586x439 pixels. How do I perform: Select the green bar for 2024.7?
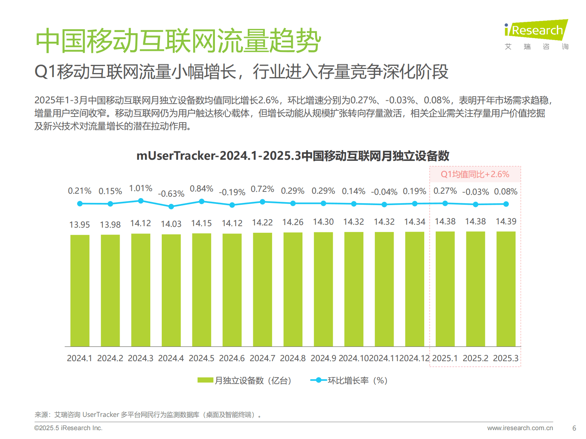click(263, 289)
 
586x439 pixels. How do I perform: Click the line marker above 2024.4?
click(171, 207)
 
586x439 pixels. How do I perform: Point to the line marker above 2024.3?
click(141, 201)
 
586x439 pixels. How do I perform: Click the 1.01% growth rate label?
click(141, 189)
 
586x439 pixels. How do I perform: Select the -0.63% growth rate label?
click(171, 194)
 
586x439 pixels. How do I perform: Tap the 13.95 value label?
click(80, 225)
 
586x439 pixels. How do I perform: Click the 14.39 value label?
click(506, 221)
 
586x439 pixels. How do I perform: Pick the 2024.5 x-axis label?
click(201, 358)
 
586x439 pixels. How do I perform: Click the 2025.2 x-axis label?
click(475, 358)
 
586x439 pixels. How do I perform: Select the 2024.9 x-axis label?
click(323, 358)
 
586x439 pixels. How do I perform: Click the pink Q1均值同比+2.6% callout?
click(475, 174)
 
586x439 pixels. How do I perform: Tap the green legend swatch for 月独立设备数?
click(205, 380)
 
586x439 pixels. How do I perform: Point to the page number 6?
click(574, 428)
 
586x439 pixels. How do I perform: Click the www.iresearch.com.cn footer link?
click(520, 428)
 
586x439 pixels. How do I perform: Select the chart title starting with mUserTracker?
click(293, 156)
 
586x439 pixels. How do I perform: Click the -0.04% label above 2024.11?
click(384, 192)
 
